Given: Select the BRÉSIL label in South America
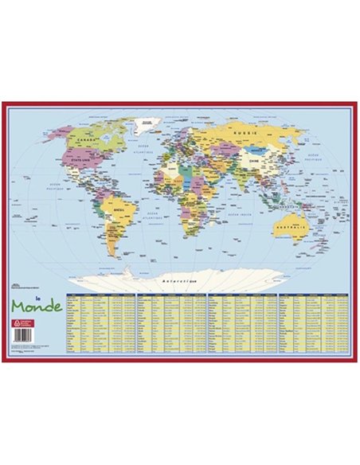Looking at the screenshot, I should coord(122,210).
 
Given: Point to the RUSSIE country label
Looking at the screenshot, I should coord(243,131).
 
